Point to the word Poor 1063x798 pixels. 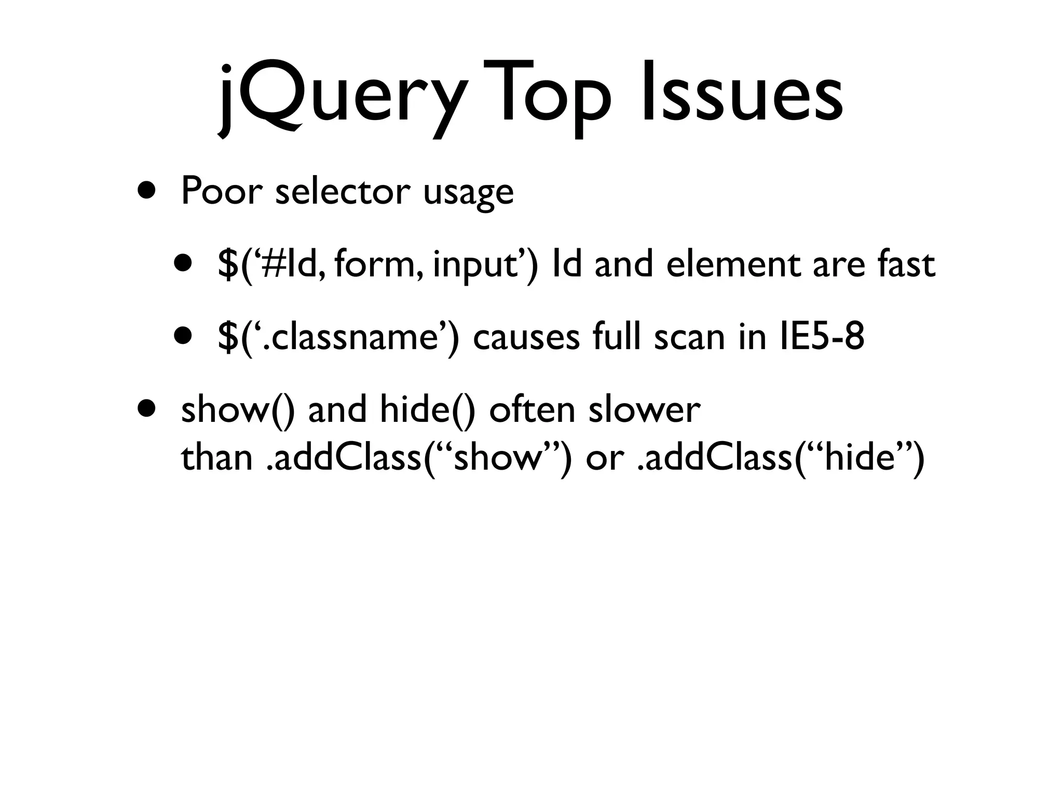click(x=220, y=191)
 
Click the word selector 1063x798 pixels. click(x=343, y=191)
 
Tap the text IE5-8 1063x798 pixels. click(x=822, y=336)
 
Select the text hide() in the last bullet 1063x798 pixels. click(x=428, y=409)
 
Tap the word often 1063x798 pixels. click(x=532, y=409)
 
